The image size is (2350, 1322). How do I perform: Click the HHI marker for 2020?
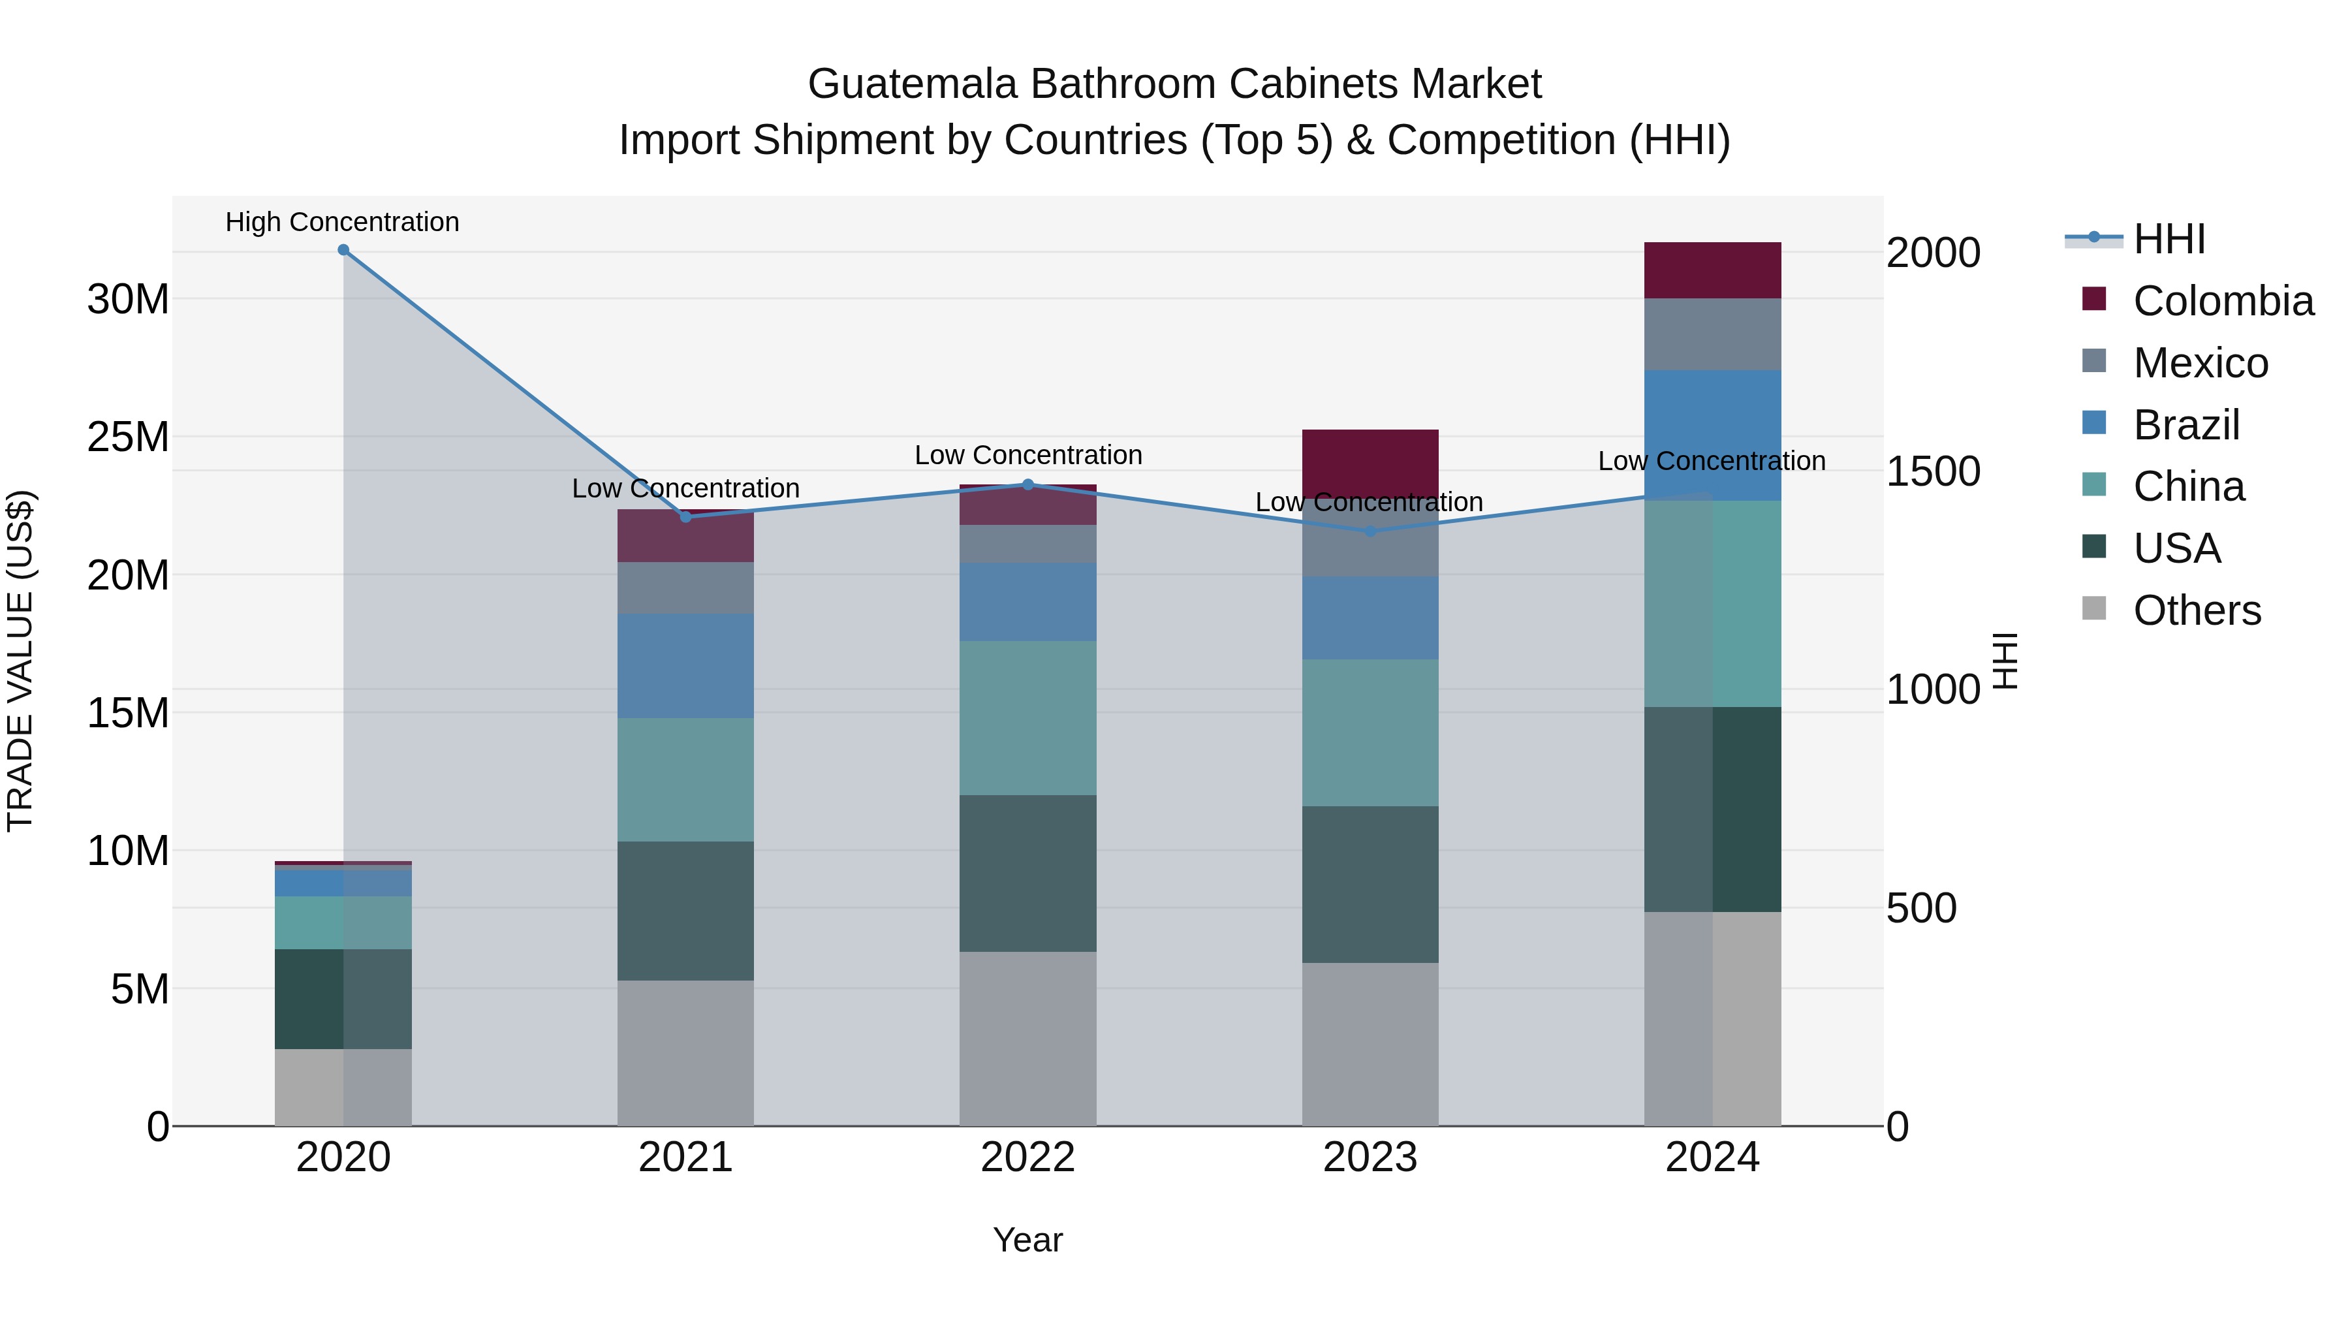click(x=343, y=250)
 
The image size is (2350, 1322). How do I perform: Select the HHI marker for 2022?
click(x=1028, y=484)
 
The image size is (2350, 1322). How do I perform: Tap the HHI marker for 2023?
click(x=1370, y=531)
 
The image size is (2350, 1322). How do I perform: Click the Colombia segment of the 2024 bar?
click(x=1712, y=270)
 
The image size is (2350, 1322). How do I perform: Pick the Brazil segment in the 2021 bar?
click(x=685, y=666)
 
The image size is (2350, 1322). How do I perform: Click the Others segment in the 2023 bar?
click(x=1370, y=1044)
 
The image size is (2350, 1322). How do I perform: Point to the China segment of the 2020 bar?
click(x=343, y=922)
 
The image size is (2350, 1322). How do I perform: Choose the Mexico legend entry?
click(x=2199, y=363)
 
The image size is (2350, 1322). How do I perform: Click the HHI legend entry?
click(x=2169, y=239)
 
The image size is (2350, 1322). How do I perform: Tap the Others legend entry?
click(x=2196, y=610)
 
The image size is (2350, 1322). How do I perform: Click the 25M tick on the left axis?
click(x=128, y=437)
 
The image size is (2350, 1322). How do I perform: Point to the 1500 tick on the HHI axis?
click(x=1932, y=472)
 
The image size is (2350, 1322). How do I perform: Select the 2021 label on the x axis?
click(x=685, y=1157)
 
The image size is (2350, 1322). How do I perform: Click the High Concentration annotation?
click(x=342, y=222)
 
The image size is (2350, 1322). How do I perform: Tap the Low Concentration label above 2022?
click(x=1028, y=454)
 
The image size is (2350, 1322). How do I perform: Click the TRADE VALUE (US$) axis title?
click(x=21, y=661)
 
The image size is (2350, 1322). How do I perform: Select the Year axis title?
click(x=1028, y=1240)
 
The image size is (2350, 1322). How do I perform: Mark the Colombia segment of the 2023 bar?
click(x=1370, y=464)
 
